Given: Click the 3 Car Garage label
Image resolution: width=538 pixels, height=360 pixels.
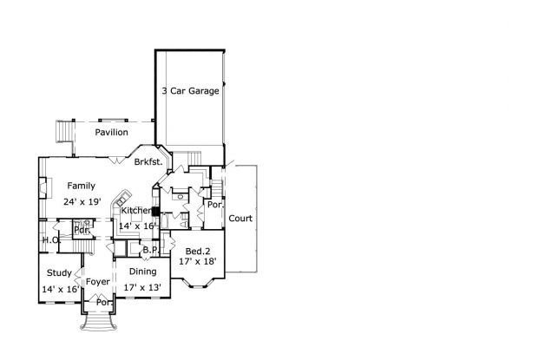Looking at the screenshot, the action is click(190, 91).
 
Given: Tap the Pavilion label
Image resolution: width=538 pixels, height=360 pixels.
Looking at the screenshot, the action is click(112, 133).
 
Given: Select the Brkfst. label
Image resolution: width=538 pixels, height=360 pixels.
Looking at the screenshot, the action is click(148, 162).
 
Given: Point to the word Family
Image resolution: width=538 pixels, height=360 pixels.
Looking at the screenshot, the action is click(82, 186).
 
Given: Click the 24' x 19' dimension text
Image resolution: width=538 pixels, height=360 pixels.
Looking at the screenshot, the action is click(82, 201).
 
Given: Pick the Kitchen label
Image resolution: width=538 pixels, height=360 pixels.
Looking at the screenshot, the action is click(136, 211).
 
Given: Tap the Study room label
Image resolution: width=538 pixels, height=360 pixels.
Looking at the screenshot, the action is click(59, 273).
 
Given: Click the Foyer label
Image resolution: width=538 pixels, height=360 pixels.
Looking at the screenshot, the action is click(98, 282).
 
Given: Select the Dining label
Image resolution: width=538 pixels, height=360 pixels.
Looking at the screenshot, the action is click(142, 272).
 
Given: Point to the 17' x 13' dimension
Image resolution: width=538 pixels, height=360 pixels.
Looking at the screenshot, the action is click(142, 287).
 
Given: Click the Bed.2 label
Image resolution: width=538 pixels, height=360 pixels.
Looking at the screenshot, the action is click(198, 252).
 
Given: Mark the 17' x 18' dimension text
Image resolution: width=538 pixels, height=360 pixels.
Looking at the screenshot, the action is click(197, 262).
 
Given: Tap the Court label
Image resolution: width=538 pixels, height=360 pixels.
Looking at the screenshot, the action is click(240, 219).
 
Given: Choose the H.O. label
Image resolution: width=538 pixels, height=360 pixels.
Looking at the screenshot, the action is click(51, 239).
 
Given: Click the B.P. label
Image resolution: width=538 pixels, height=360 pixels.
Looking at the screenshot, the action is click(151, 250).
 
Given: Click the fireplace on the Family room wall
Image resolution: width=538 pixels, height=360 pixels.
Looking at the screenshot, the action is click(44, 187).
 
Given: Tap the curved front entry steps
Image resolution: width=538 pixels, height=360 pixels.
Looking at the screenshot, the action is click(98, 322).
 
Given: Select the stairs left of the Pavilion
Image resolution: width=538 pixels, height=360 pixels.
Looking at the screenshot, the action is click(64, 131).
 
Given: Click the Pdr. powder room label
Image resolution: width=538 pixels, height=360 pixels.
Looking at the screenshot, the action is click(82, 231).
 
